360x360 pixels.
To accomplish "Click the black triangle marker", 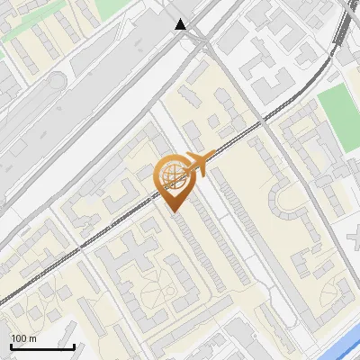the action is tap(182, 24).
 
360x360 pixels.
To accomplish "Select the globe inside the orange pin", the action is tap(172, 175).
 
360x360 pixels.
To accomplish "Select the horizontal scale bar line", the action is tap(42, 346).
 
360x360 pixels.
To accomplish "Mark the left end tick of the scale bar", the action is tap(11, 345).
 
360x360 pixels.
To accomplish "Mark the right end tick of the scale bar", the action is tap(74, 345).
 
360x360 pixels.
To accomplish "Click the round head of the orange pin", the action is tap(172, 175).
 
